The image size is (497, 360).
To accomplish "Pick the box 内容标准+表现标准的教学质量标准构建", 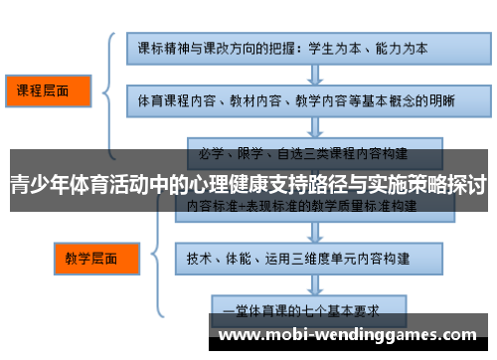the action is click(297, 205).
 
